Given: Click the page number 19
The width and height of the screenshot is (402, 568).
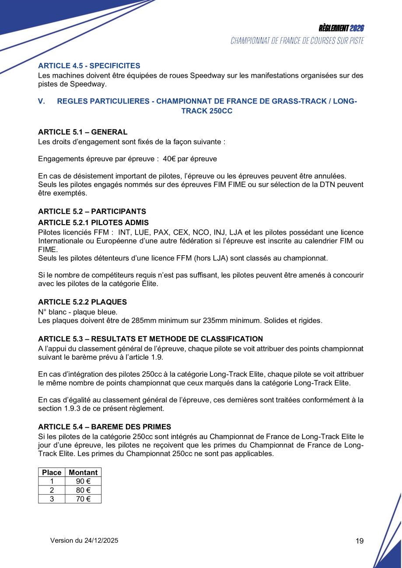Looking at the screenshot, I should [360, 541].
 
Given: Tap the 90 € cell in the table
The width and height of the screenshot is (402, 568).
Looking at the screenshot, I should [83, 481].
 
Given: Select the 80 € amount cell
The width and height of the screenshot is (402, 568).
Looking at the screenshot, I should [83, 490].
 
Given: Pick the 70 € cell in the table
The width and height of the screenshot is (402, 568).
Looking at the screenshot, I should [83, 499].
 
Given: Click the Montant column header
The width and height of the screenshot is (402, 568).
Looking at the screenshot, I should [83, 472].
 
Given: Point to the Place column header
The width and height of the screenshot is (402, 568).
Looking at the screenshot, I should [52, 472].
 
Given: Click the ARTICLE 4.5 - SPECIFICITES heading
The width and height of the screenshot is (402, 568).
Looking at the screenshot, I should [89, 66].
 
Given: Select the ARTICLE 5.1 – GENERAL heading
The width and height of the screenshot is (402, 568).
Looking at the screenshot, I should [83, 132].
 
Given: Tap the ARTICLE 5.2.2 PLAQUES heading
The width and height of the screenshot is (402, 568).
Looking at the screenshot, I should [83, 302].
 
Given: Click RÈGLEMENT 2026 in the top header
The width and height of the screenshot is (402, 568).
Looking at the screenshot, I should [341, 28].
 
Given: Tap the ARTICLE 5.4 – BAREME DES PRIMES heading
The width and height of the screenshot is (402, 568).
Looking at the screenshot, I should [105, 426].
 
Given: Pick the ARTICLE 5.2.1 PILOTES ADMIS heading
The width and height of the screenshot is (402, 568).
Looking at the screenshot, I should [93, 223].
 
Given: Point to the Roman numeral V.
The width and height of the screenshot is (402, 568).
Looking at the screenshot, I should [42, 101].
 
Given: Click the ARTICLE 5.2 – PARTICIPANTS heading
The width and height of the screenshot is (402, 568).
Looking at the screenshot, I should [92, 211].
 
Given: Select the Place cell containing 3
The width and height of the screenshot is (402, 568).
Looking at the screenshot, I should [52, 499].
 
